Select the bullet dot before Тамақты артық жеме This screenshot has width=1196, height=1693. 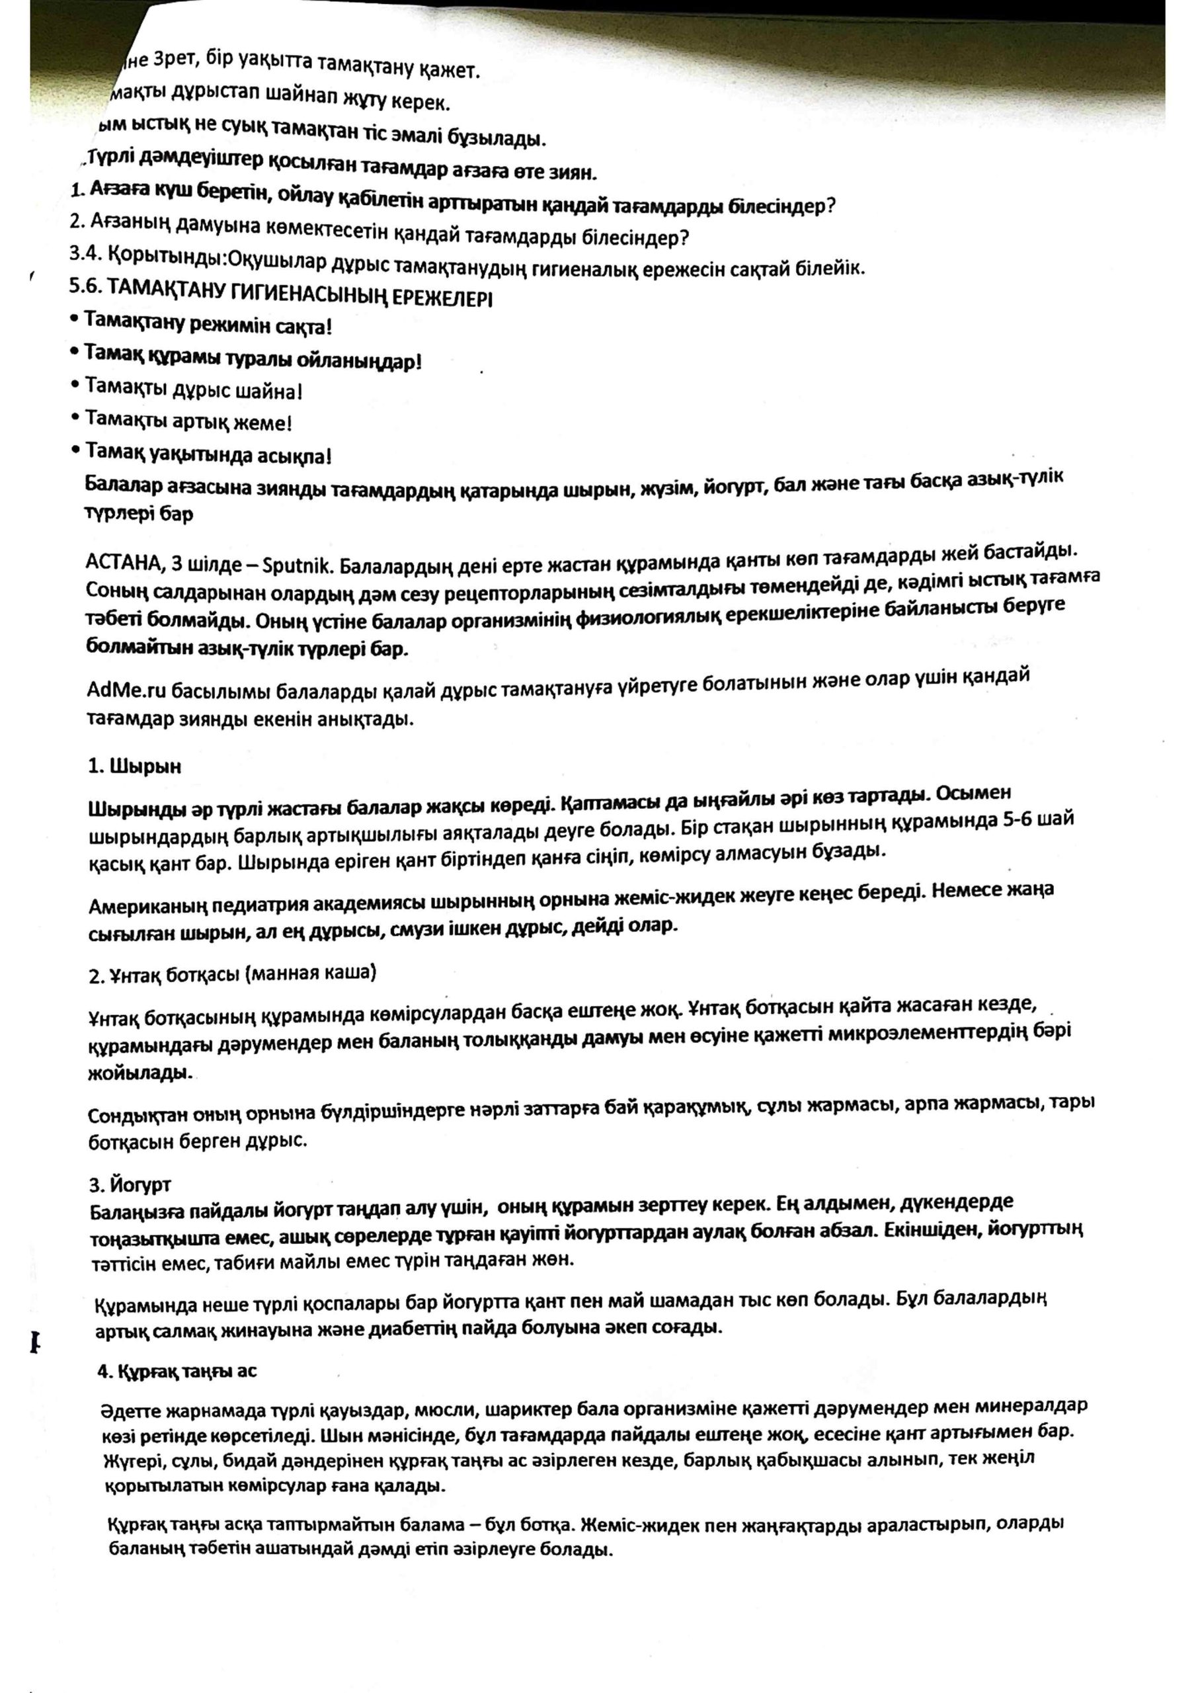click(x=75, y=417)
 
